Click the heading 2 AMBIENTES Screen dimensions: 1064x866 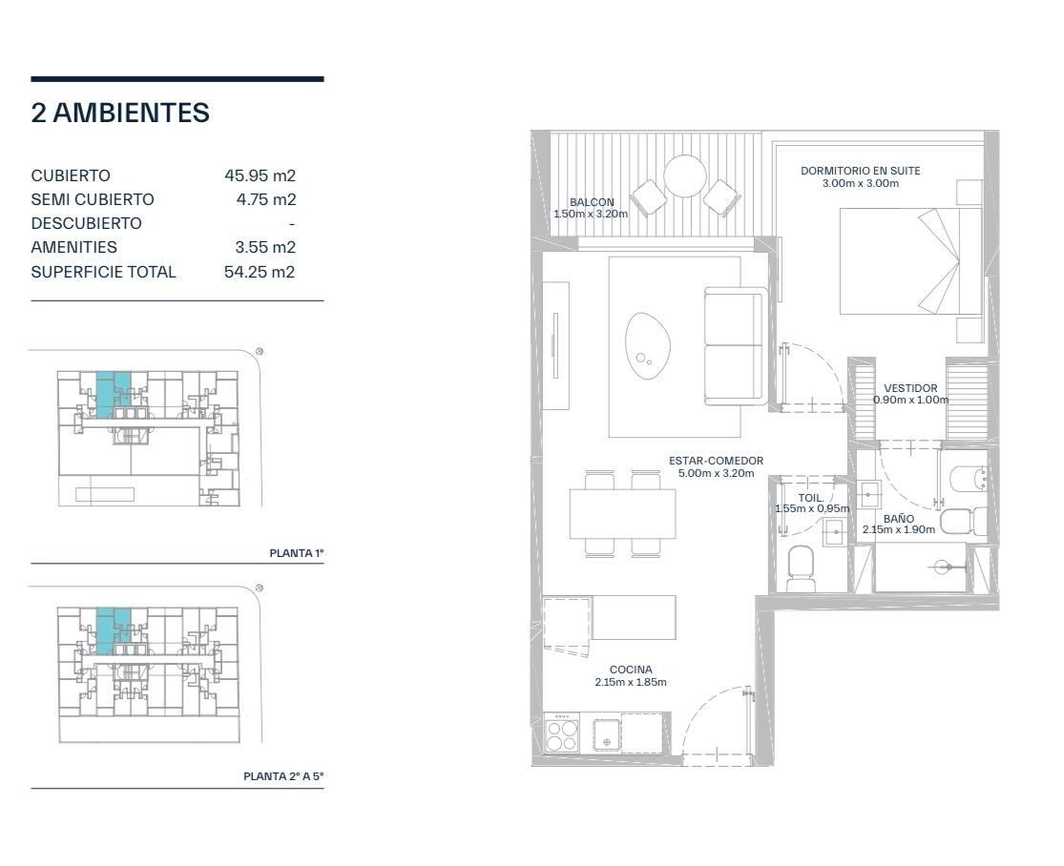[x=120, y=113]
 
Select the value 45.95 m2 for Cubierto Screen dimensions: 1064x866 [x=260, y=175]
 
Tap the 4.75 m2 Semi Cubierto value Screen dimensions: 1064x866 [x=266, y=199]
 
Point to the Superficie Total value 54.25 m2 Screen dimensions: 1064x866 [x=260, y=272]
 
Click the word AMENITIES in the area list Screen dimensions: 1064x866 [x=74, y=248]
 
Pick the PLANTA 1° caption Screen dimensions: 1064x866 [x=297, y=553]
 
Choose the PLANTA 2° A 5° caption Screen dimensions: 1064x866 [x=283, y=776]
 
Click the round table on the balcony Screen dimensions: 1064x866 [x=684, y=176]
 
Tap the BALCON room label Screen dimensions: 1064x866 [x=592, y=202]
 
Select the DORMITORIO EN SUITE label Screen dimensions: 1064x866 [x=861, y=171]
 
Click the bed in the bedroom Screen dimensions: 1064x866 [x=910, y=261]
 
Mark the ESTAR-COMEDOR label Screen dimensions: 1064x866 [x=716, y=461]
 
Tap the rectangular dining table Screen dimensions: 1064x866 [x=623, y=513]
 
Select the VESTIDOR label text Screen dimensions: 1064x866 [x=910, y=388]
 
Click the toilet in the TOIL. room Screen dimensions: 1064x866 [x=801, y=568]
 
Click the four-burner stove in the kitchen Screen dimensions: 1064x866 [x=562, y=733]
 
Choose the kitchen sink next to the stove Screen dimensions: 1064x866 [x=607, y=734]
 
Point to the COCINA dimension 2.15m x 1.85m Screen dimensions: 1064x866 [x=631, y=682]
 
